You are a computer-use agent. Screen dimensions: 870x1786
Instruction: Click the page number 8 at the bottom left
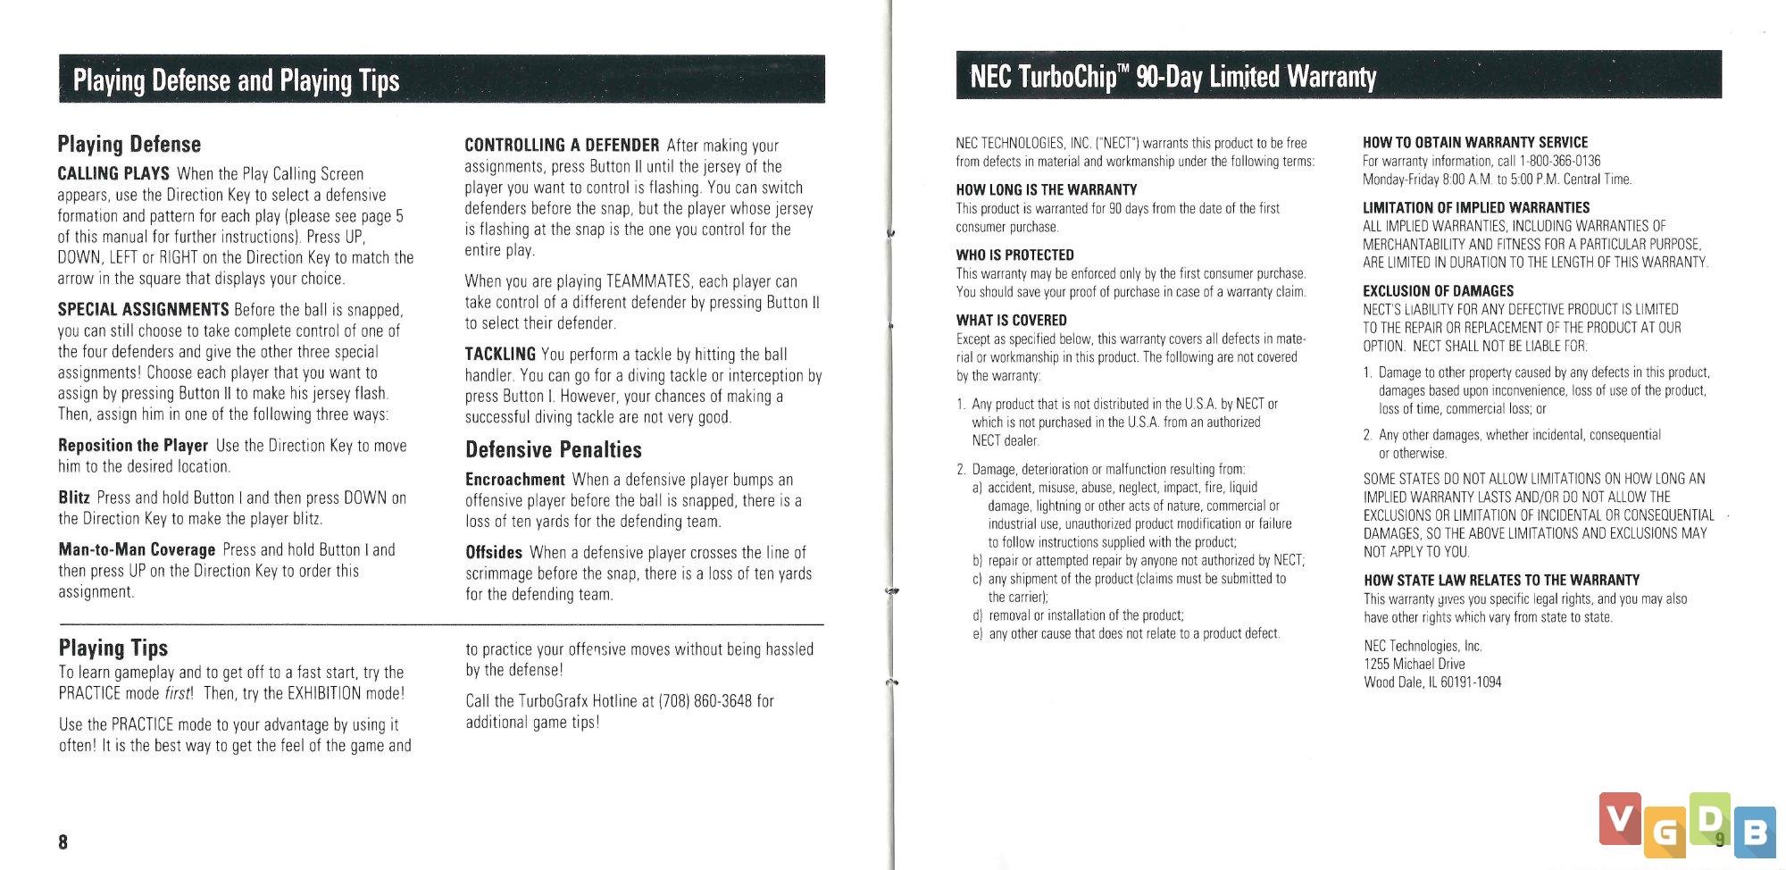pos(63,841)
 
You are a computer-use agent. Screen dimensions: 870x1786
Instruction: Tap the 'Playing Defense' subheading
pos(129,144)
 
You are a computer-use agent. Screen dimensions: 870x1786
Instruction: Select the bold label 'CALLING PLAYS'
pos(113,173)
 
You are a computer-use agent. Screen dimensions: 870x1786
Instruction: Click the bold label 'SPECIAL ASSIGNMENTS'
pos(143,310)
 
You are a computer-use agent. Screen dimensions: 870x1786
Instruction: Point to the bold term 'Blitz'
pos(74,498)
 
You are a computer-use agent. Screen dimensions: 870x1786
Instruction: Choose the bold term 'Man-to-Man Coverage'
pos(137,549)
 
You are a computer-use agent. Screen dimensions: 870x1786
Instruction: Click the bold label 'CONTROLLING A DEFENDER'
pos(562,145)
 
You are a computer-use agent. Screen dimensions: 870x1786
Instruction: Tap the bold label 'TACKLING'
pos(500,354)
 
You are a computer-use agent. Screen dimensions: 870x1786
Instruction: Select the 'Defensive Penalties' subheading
pos(554,449)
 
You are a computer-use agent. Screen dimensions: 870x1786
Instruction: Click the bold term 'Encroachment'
pos(515,480)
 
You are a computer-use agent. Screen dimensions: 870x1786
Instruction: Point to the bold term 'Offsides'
pos(494,552)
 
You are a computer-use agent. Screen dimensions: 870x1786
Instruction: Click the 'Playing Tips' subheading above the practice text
pos(113,648)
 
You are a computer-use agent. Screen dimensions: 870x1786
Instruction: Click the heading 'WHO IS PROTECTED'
pos(1014,255)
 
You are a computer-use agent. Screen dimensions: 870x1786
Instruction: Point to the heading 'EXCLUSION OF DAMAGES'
pos(1438,290)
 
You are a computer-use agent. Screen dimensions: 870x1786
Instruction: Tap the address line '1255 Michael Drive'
pos(1414,664)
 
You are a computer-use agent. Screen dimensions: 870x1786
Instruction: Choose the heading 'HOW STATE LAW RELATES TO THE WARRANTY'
pos(1501,580)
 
